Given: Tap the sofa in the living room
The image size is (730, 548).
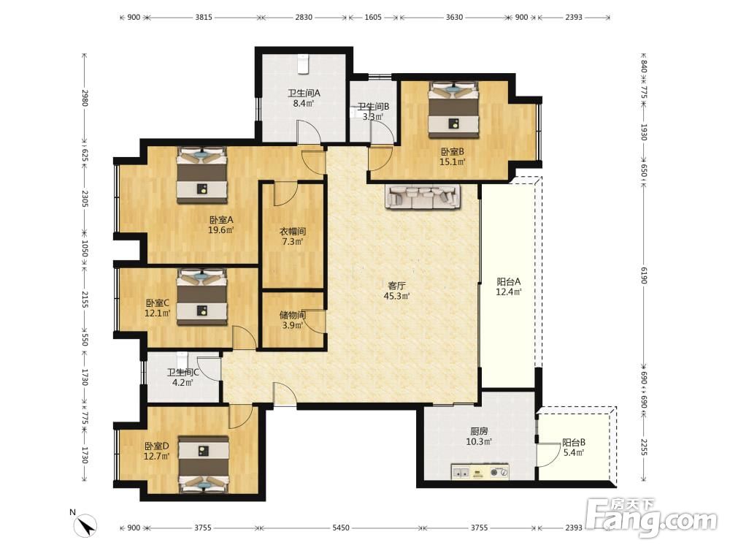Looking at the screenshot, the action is (x=423, y=196).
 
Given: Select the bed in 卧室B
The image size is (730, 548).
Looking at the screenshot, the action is (x=454, y=110).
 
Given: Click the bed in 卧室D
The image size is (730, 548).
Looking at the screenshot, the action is (x=204, y=464).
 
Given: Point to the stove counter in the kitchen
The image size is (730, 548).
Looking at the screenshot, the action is (x=480, y=471).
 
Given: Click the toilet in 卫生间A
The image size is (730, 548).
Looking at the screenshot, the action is (x=303, y=64).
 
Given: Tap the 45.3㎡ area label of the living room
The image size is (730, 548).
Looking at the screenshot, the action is (x=396, y=296).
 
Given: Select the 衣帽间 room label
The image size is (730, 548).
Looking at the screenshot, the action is (x=293, y=231).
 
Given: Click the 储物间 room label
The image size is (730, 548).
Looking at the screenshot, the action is (x=293, y=315).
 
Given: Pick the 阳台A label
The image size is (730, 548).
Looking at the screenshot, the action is (x=508, y=281).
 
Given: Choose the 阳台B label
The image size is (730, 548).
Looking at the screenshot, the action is (x=574, y=442).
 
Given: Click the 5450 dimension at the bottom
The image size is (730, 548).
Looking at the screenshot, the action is (x=341, y=528).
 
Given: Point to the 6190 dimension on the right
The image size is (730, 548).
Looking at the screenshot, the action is (x=644, y=275).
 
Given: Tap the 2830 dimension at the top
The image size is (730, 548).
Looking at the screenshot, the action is (x=304, y=18).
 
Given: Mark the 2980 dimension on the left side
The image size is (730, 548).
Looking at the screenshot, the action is (x=85, y=98).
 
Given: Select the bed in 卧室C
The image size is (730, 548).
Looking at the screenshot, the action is (x=202, y=297).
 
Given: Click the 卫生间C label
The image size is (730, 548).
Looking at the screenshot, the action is (x=183, y=373).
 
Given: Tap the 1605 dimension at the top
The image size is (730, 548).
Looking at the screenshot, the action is (x=373, y=18).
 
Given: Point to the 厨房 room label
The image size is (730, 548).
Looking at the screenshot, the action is (x=479, y=432).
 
